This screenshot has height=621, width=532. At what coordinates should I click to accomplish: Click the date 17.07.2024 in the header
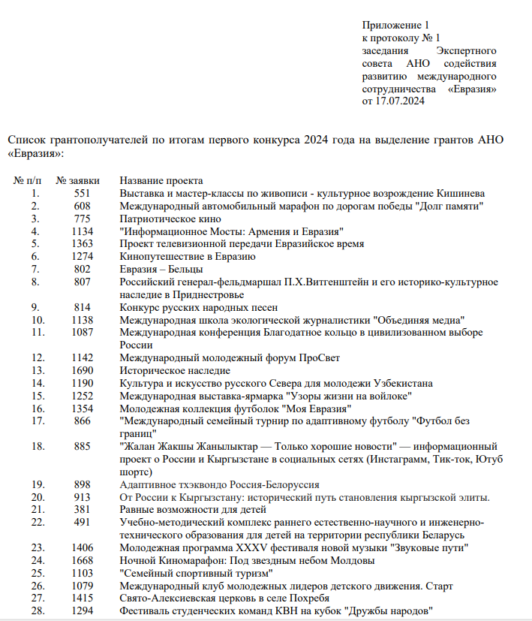point(401,101)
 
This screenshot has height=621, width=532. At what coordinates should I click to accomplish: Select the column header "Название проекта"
point(161,181)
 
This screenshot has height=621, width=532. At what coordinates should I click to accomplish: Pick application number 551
point(83,193)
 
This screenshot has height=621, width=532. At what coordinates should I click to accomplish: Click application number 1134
point(83,231)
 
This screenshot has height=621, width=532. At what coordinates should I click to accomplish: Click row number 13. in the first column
point(35,370)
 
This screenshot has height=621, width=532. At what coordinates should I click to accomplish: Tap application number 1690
point(83,370)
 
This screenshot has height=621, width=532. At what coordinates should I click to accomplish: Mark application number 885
point(83,447)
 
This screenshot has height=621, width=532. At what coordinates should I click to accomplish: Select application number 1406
point(83,548)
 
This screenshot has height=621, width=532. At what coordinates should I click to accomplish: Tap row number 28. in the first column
point(35,611)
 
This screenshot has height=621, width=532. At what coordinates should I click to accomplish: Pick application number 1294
point(83,611)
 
